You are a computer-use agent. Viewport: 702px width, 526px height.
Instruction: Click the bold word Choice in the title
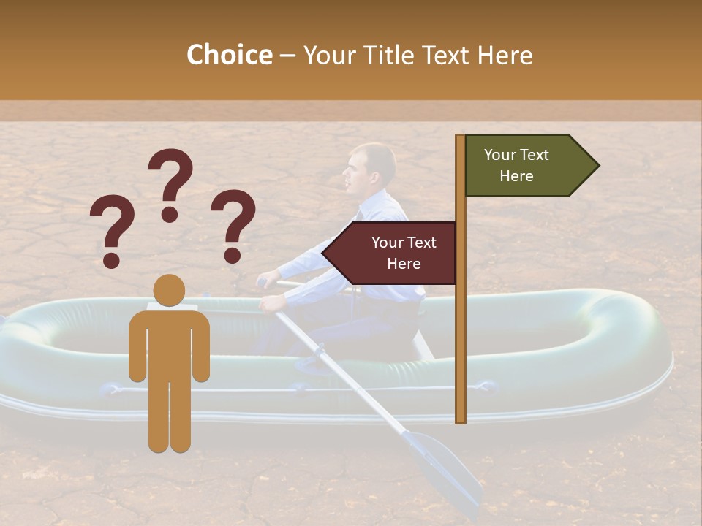coord(229,55)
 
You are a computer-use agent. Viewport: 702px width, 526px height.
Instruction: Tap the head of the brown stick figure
coord(169,291)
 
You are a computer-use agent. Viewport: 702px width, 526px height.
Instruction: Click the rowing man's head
coord(372,167)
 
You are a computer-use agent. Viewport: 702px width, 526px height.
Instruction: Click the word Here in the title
coord(505,55)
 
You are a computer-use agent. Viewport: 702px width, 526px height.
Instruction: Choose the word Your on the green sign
coord(500,155)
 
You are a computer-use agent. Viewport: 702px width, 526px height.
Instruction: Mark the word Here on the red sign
coord(404,264)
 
